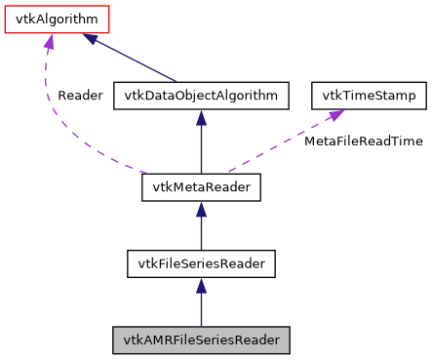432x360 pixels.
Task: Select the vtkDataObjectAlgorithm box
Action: tap(201, 96)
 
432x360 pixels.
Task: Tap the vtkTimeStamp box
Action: tap(365, 96)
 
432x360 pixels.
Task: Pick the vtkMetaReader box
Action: tap(201, 187)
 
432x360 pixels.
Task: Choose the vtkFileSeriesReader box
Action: tap(201, 263)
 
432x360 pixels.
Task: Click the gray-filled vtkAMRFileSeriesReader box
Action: tap(201, 340)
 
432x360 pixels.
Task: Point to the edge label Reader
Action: tap(80, 96)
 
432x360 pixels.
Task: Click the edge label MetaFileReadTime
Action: tap(364, 141)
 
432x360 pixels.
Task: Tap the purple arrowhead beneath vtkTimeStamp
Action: tap(334, 115)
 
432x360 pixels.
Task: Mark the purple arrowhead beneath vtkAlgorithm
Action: tap(46, 41)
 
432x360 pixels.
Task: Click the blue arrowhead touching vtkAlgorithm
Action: tap(91, 38)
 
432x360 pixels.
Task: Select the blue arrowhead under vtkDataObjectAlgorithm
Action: tap(201, 117)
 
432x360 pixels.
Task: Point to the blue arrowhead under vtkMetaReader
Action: tap(201, 209)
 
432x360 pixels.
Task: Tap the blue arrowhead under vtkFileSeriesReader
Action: tap(201, 285)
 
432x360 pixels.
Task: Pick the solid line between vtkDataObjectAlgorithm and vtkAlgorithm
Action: tap(137, 60)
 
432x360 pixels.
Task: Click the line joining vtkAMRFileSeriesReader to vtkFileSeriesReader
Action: tap(201, 310)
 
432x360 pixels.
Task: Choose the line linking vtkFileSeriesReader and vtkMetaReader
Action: tap(201, 232)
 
